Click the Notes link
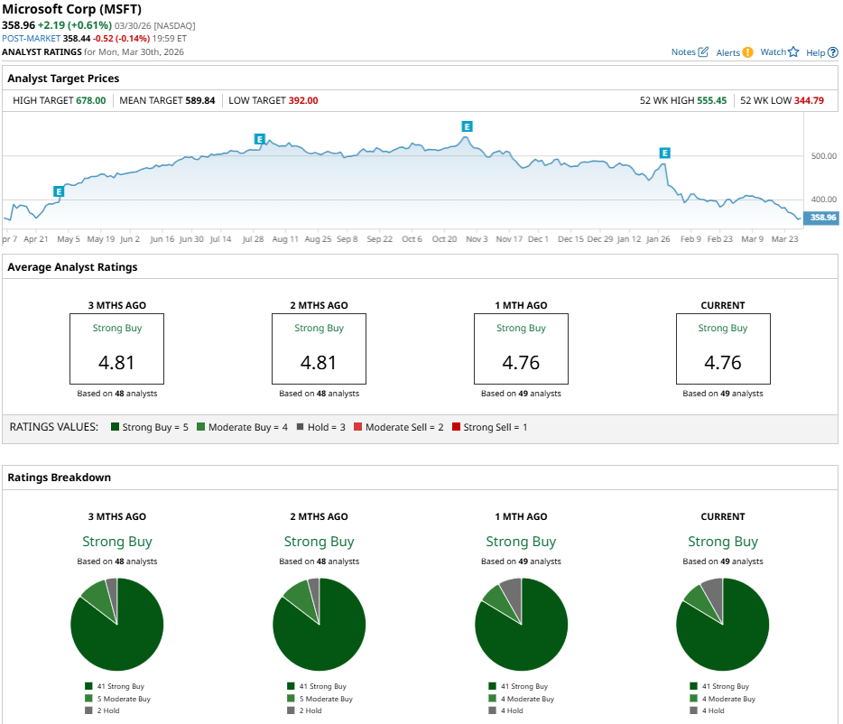[x=690, y=52]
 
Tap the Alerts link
[x=734, y=52]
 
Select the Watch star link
[x=780, y=52]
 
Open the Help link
[x=821, y=52]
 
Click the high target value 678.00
[x=90, y=100]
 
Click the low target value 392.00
[x=303, y=100]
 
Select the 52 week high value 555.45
[x=711, y=100]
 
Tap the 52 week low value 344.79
[x=809, y=100]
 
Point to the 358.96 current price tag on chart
[x=822, y=218]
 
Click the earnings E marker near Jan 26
[x=664, y=153]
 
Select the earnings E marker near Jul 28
[x=259, y=139]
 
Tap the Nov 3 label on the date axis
[x=477, y=239]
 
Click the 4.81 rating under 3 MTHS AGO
[x=117, y=363]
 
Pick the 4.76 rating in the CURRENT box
[x=722, y=363]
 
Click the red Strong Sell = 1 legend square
[x=457, y=427]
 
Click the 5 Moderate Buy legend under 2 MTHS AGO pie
[x=322, y=699]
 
